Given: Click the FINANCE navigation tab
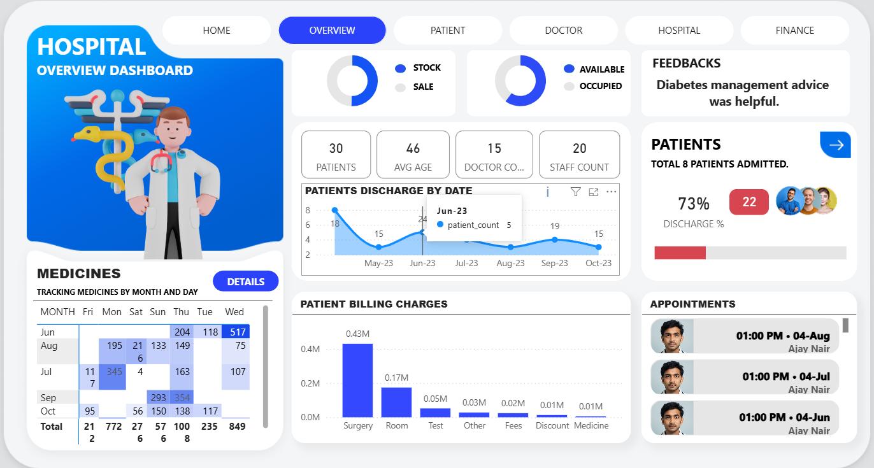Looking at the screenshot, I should (794, 30).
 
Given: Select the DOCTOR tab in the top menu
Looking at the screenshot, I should (563, 30).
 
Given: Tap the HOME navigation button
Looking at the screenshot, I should (217, 30).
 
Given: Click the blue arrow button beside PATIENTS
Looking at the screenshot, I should (835, 145).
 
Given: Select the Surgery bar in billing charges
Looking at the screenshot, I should (357, 380).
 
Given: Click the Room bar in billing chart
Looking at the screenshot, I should (396, 402).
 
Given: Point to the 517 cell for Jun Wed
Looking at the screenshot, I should (236, 332).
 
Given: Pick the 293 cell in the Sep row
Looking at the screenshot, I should (158, 397).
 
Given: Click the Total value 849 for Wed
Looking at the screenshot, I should (236, 426).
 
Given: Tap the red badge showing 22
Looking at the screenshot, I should (749, 202).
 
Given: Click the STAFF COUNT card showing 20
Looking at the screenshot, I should (579, 155).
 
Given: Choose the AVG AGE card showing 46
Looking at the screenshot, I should (413, 155).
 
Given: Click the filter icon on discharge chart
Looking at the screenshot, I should (575, 192).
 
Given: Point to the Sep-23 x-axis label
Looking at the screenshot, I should (554, 263).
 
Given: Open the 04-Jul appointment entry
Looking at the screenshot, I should (745, 377).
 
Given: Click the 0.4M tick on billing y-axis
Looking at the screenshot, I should (310, 349).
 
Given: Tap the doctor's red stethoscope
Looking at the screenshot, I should (162, 162).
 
